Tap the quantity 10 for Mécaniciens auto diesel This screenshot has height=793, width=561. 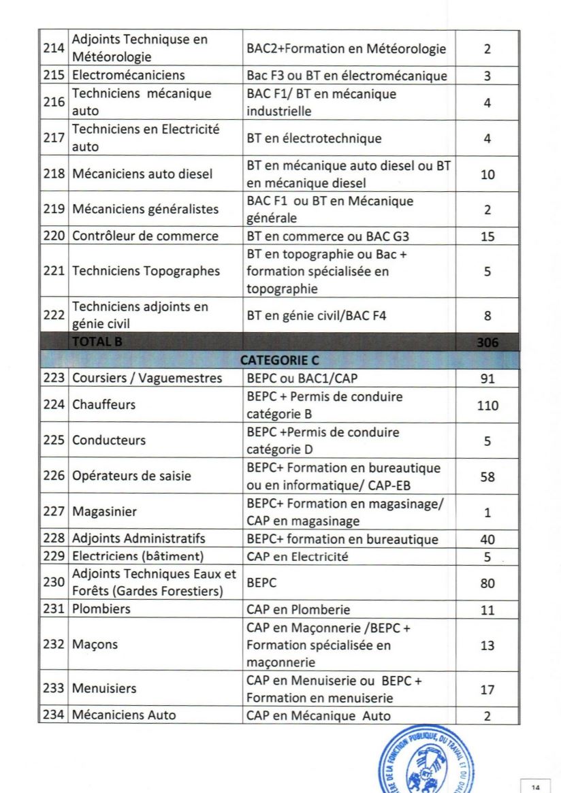click(x=487, y=174)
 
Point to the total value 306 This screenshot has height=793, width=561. click(x=487, y=343)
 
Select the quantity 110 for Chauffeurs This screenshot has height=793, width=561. click(x=487, y=405)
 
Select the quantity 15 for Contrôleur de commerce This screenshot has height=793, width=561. click(x=487, y=237)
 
